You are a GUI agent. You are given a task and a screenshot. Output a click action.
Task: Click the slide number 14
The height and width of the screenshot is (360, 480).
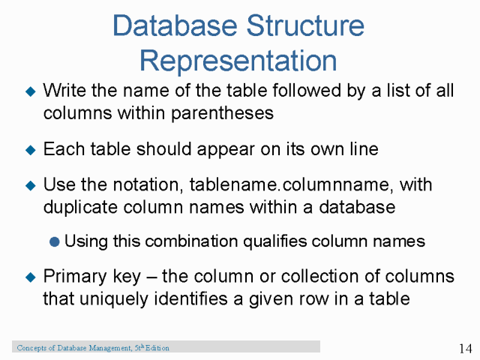coord(464,348)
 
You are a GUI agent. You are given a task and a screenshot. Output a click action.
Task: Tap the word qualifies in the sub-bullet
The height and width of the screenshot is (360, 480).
coord(265,241)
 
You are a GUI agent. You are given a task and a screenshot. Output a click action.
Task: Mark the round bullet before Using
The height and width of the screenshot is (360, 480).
coord(55,241)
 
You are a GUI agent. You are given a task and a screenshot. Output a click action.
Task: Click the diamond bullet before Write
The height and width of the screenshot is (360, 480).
coord(30,92)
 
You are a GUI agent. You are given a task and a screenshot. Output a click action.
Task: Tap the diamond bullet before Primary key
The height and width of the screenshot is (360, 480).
coord(30,277)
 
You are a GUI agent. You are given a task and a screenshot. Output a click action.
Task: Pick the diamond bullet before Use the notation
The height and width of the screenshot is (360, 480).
coord(30,185)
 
